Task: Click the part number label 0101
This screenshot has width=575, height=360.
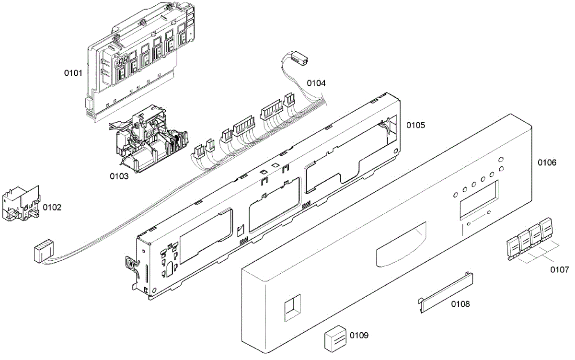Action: pyautogui.click(x=73, y=73)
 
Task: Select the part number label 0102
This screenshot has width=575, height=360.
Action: pyautogui.click(x=52, y=208)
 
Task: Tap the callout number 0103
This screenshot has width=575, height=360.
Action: pyautogui.click(x=119, y=176)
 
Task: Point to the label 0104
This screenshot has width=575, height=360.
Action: pyautogui.click(x=316, y=83)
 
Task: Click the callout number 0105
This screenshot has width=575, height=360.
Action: pyautogui.click(x=415, y=125)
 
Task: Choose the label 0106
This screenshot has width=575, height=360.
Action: pyautogui.click(x=547, y=163)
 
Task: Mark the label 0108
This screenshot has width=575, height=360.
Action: pyautogui.click(x=460, y=303)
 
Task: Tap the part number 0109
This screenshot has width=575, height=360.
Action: pyautogui.click(x=359, y=335)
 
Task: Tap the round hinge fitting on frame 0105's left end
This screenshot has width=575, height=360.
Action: pyautogui.click(x=129, y=263)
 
